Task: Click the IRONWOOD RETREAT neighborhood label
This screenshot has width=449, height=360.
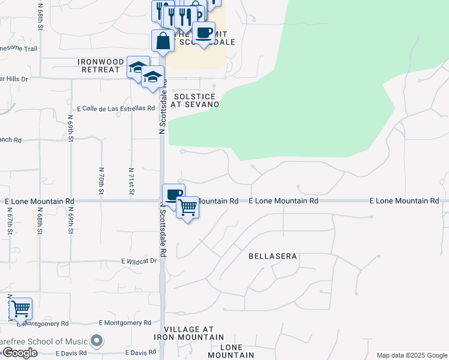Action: (x=98, y=65)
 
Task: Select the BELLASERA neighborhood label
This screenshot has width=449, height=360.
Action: (x=273, y=256)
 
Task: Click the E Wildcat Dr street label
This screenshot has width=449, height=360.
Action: (x=139, y=261)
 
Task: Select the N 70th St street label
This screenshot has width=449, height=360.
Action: (x=100, y=181)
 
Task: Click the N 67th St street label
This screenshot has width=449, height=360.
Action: (x=10, y=223)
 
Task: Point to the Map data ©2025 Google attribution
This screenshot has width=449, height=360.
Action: (x=411, y=355)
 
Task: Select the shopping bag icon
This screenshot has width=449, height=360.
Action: (x=163, y=41)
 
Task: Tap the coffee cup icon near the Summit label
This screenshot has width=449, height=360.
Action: (x=203, y=32)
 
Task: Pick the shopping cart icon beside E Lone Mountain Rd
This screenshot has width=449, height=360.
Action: (x=188, y=208)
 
